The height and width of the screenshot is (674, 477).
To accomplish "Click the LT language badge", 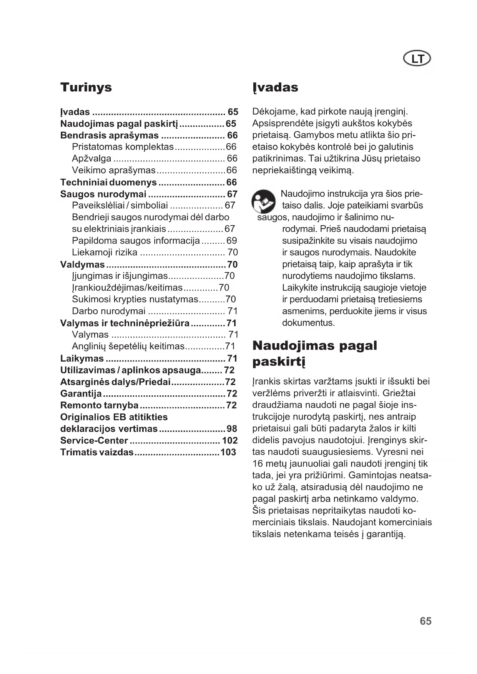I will [417, 59].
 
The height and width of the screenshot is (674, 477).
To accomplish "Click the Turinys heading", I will [86, 87].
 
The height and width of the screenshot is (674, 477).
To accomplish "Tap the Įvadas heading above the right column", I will [275, 87].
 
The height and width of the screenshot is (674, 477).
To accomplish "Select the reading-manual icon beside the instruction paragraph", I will [263, 202].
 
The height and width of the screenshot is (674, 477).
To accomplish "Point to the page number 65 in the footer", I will [425, 621].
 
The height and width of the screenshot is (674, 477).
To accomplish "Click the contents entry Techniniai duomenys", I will [108, 182].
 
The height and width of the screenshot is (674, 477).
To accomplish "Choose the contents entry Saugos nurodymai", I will [103, 194].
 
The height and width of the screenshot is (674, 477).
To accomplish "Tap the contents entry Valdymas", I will [82, 264].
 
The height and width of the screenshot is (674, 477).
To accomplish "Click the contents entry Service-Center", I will [94, 440].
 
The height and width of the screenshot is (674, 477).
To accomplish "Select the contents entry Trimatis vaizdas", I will [96, 452].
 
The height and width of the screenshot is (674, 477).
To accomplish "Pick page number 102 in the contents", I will [230, 440].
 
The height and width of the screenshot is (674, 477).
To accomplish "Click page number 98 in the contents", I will [232, 429].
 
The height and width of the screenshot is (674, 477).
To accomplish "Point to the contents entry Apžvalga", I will [91, 158].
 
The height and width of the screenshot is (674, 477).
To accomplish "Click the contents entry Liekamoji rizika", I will [105, 252].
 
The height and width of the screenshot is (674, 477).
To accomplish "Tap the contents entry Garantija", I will [81, 393].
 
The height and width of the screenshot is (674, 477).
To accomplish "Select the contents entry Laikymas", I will [82, 359].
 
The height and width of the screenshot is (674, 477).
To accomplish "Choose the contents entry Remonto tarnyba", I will [99, 405].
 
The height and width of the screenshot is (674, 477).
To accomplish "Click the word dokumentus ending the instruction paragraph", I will [308, 323].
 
